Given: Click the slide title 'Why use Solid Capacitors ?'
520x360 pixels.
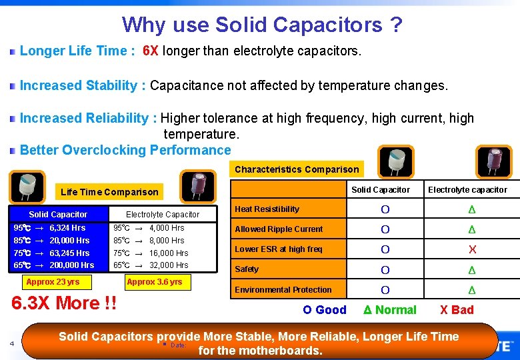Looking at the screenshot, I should pos(262,25).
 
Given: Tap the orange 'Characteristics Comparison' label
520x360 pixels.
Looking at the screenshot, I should pos(297,169).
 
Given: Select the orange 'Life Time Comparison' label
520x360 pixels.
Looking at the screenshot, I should pos(109,192).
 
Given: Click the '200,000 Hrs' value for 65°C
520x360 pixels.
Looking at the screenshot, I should pos(72,265).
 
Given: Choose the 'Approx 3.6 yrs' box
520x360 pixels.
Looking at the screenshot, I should pos(154,282).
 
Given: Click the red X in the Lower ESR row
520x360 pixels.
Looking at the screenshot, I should pos(472,249).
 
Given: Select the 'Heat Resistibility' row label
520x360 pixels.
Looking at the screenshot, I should pos(267,209).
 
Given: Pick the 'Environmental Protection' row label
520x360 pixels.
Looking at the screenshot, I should pos(283,290).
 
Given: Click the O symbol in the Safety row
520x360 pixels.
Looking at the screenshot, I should pos(385,270).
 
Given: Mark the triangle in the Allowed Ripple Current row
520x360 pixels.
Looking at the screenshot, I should pos(472,229).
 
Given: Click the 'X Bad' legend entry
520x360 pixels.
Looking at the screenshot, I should pos(456,310).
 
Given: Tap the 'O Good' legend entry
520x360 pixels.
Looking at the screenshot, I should pos(325,310).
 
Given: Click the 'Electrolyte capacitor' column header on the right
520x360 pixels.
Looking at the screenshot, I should pos(467,190).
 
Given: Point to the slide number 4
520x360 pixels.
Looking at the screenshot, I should pos(12,344).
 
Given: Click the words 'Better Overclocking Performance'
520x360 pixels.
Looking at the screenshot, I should pos(125,150).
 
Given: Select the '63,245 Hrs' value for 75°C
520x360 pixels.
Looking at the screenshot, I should pos(69,253).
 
